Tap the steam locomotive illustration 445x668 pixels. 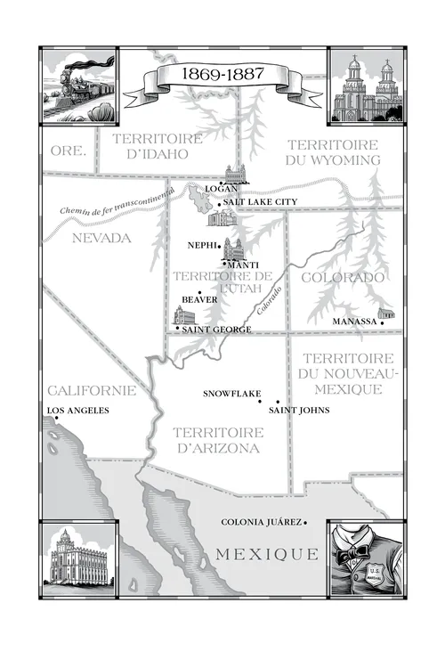tap(78, 86)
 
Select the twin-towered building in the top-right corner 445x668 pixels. tap(367, 87)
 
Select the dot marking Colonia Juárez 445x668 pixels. tap(305, 523)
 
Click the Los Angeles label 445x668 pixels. tap(77, 411)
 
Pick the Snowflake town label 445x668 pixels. tap(230, 393)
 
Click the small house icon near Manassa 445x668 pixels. tap(385, 314)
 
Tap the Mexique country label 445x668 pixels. tap(266, 554)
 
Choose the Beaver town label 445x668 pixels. tap(199, 300)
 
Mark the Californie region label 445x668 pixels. tap(93, 390)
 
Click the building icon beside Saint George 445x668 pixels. tap(183, 316)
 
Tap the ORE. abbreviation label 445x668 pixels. tap(69, 151)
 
